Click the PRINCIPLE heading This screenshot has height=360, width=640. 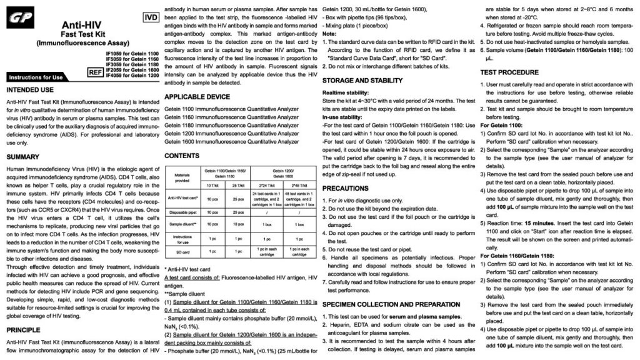point(26,329)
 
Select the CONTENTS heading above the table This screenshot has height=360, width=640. point(182,155)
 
